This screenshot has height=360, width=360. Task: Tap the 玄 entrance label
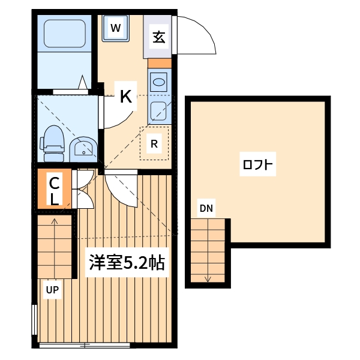coord(158,37)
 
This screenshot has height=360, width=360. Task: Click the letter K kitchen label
coord(125,96)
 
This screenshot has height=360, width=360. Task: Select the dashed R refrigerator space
coord(154,143)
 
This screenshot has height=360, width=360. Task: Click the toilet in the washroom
coord(53,142)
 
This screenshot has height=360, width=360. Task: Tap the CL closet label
coord(53,190)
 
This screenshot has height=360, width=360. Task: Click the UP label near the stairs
coord(53,290)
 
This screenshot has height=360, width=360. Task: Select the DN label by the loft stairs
coord(206,209)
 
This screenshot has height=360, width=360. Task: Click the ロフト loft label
coord(259,165)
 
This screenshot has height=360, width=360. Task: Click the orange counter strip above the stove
coord(159,62)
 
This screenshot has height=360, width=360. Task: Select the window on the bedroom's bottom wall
coord(85,345)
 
